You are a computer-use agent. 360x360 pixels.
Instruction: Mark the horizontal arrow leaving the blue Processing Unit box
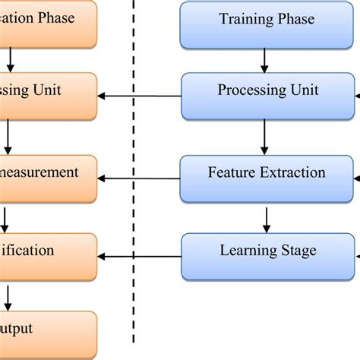(x=140, y=96)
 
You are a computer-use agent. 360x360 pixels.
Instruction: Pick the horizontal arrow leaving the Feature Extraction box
(x=140, y=178)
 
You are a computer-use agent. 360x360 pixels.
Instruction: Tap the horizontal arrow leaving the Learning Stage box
(x=140, y=257)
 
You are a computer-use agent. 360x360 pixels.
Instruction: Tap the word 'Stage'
(x=298, y=251)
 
